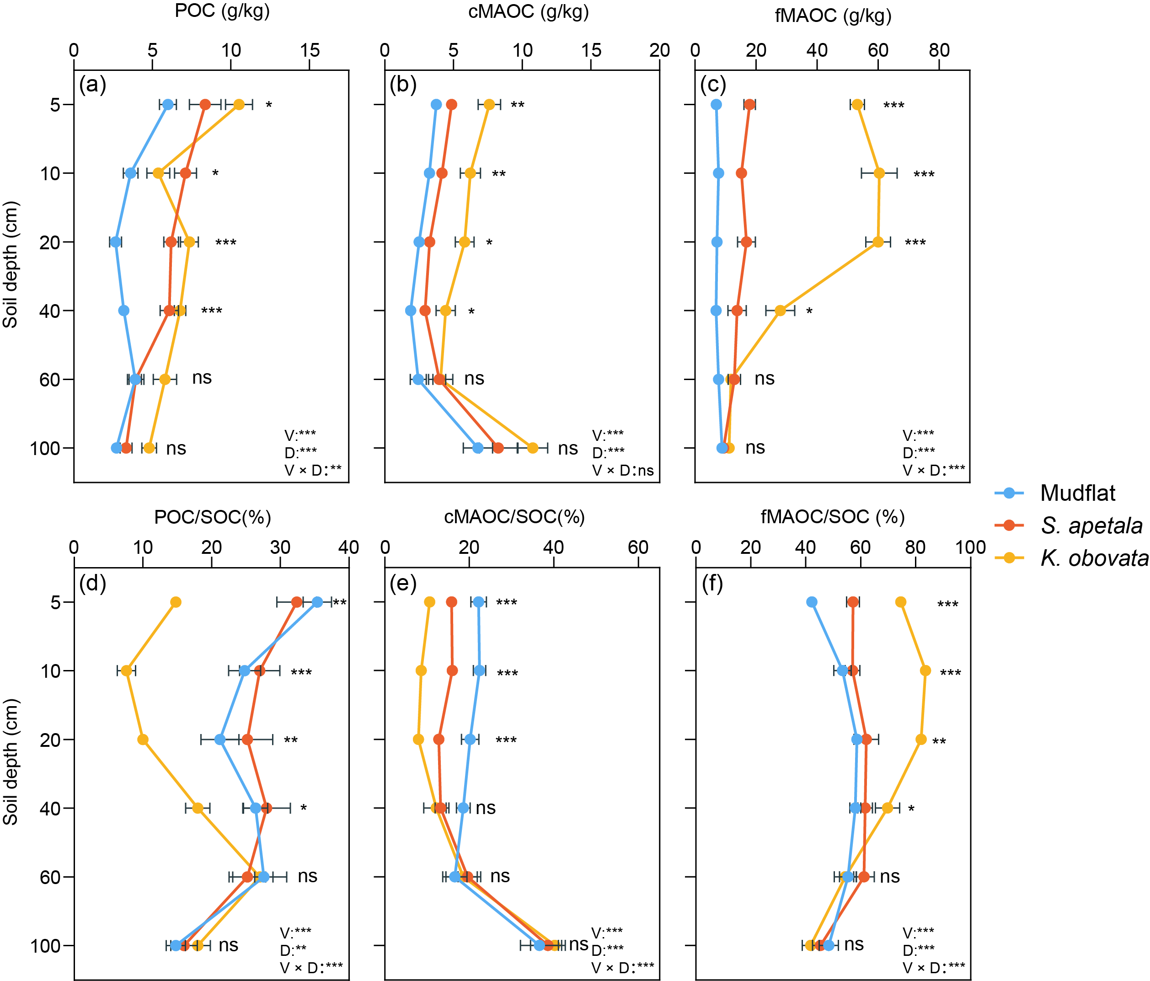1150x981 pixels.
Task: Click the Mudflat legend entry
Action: pyautogui.click(x=1077, y=493)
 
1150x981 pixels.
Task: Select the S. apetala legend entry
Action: pyautogui.click(x=1091, y=525)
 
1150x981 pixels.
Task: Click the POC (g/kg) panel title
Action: pyautogui.click(x=222, y=11)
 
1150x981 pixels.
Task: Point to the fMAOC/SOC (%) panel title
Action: pyautogui.click(x=833, y=517)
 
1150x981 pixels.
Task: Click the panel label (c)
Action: pyautogui.click(x=713, y=85)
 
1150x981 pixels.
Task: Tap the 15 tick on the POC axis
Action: pyautogui.click(x=310, y=50)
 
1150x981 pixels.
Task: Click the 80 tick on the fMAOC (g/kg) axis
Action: pyautogui.click(x=939, y=50)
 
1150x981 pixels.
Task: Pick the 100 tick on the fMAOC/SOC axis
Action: pyautogui.click(x=970, y=547)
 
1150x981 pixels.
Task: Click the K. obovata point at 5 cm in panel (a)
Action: pyautogui.click(x=239, y=104)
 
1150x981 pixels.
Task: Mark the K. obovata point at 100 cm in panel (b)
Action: pyautogui.click(x=532, y=447)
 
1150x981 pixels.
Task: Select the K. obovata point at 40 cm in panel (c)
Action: pyautogui.click(x=780, y=311)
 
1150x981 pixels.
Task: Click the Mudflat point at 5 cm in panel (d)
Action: pyautogui.click(x=317, y=602)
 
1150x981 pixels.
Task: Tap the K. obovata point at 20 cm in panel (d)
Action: pyautogui.click(x=143, y=740)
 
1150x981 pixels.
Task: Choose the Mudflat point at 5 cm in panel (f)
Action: pyautogui.click(x=812, y=602)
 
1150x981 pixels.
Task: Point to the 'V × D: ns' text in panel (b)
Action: pyautogui.click(x=623, y=471)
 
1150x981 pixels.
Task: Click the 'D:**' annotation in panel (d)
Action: pyautogui.click(x=293, y=950)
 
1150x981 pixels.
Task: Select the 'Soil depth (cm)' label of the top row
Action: pyautogui.click(x=11, y=264)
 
